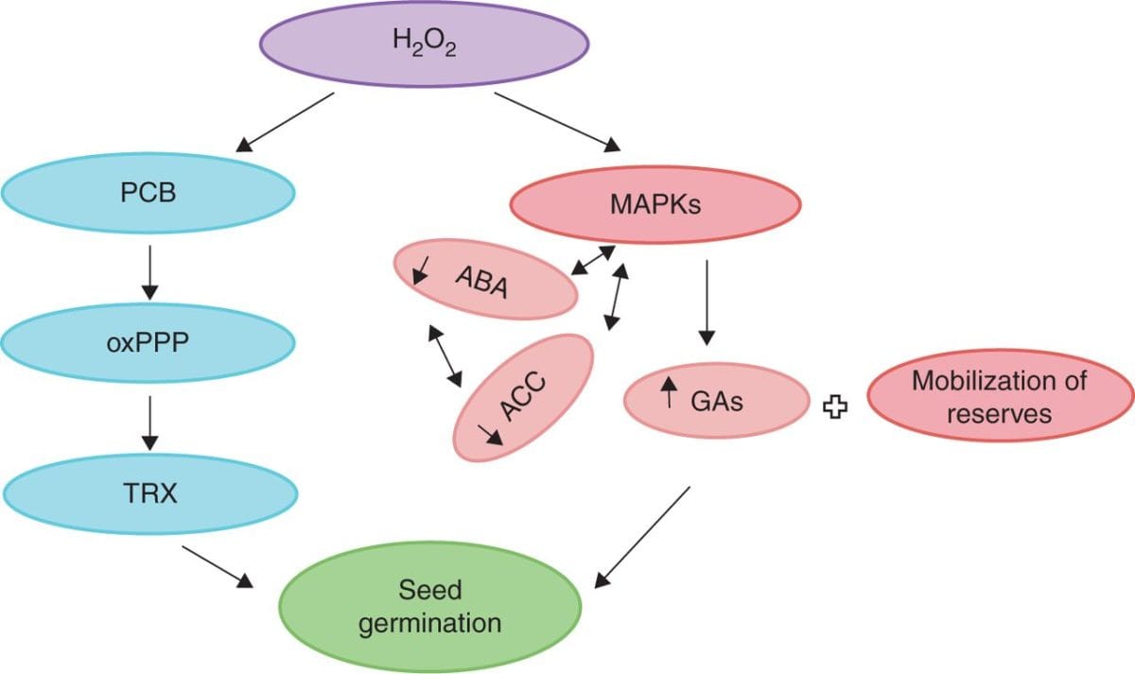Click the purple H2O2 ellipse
(425, 45)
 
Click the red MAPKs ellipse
(655, 204)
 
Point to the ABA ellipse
(485, 280)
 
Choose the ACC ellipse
(524, 397)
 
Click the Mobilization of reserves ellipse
(999, 397)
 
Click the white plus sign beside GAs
(835, 406)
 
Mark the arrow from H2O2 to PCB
(286, 122)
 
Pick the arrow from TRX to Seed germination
(219, 565)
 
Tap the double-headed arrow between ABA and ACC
(445, 355)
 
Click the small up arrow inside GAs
(670, 392)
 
